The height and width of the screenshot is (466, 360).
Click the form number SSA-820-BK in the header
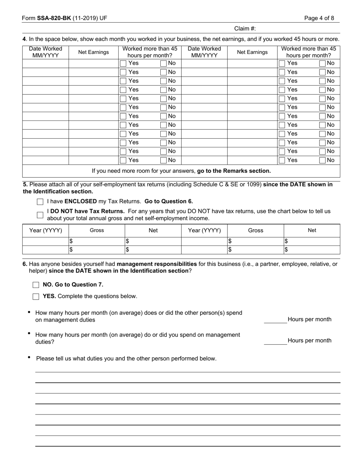(53, 18)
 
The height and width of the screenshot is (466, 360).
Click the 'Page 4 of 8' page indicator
(319, 18)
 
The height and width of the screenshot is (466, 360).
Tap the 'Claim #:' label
(245, 28)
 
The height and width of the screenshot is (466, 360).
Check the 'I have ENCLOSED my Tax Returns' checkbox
(40, 202)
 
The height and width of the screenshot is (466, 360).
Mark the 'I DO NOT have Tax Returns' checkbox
(40, 215)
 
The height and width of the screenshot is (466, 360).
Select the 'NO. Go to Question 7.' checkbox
(36, 285)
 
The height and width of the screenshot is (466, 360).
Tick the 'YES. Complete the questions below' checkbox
(36, 297)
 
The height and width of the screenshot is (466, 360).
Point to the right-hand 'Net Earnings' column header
(252, 52)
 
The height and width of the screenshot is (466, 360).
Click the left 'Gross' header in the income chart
(97, 230)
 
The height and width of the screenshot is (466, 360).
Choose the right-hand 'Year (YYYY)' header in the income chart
(204, 230)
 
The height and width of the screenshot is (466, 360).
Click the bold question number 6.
(25, 264)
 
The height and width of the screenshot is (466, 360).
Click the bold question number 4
(24, 39)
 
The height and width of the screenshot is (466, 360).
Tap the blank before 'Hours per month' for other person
(275, 320)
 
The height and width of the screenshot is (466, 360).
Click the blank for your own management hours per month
(275, 341)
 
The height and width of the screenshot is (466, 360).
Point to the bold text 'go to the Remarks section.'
(234, 171)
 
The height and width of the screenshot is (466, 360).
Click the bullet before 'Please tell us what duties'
(30, 358)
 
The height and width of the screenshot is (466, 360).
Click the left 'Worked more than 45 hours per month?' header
(150, 52)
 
